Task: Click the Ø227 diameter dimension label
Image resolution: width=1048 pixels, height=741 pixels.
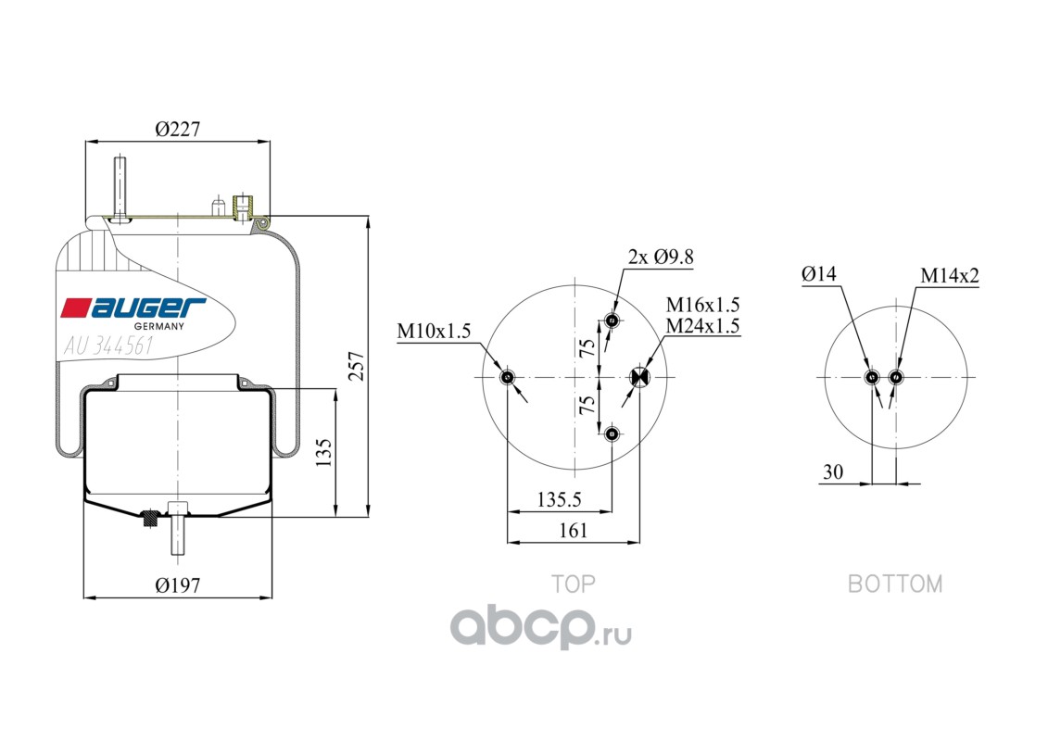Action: point(178,129)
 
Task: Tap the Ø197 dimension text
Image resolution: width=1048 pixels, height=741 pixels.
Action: point(178,585)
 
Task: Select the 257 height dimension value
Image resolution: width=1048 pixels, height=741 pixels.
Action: point(357,366)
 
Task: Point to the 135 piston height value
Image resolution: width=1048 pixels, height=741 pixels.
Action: point(322,452)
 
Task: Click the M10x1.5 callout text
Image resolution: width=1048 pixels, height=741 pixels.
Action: point(434,331)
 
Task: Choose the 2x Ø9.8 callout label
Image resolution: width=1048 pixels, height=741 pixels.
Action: point(661,257)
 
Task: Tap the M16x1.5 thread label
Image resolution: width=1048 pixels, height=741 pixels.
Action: point(702,305)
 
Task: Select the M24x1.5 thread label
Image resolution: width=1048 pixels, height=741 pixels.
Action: point(702,326)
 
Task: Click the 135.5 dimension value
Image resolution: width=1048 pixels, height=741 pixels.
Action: point(559,499)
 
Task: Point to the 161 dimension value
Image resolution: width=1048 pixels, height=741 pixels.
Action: point(573,531)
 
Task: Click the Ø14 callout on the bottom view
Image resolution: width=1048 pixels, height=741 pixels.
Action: point(819,273)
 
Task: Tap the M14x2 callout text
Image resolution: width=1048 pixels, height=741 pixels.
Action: point(949,275)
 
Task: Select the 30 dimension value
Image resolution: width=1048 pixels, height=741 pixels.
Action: point(833,471)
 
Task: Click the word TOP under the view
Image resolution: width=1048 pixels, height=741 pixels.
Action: point(573,584)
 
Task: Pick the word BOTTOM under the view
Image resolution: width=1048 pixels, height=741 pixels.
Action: point(895,584)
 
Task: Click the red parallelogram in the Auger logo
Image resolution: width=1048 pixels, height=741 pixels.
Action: point(76,308)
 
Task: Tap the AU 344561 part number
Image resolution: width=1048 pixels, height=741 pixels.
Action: point(108,345)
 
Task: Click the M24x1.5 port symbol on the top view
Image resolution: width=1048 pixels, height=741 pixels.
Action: point(640,378)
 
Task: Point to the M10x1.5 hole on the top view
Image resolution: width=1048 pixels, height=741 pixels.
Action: point(508,378)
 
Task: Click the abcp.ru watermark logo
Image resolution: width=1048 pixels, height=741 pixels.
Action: point(541,627)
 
